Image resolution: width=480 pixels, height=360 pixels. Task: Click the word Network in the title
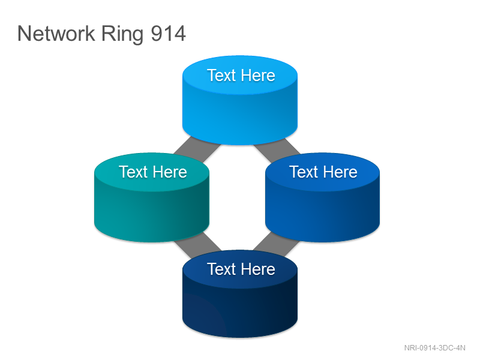(x=56, y=34)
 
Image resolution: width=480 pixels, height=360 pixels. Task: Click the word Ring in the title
(x=122, y=34)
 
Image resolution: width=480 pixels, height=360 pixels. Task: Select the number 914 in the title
(x=169, y=34)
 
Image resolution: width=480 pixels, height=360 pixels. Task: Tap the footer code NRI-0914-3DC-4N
(x=434, y=348)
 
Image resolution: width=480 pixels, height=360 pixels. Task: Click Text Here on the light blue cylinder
(x=241, y=76)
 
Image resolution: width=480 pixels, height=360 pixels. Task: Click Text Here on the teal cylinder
(x=153, y=172)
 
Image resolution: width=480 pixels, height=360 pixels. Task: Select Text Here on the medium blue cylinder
(x=323, y=172)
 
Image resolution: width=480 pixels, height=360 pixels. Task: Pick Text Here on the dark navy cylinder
(x=241, y=269)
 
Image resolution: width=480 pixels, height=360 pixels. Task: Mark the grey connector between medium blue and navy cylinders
(x=277, y=244)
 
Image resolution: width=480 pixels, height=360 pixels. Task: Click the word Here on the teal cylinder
(x=170, y=172)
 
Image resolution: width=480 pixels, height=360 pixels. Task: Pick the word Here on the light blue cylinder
(x=258, y=76)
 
